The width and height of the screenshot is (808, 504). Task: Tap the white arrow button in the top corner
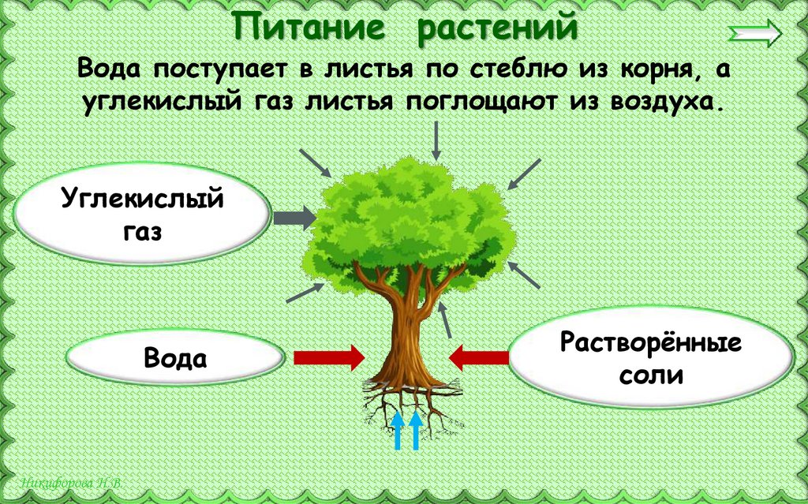[x=754, y=34]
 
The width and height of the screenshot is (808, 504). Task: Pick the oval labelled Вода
[x=175, y=359]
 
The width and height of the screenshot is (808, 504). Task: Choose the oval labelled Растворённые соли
[x=651, y=359]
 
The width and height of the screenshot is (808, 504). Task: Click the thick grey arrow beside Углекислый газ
[x=294, y=217]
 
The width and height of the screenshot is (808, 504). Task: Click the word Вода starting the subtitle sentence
[x=110, y=69]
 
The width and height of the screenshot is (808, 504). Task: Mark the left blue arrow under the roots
[x=398, y=431]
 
